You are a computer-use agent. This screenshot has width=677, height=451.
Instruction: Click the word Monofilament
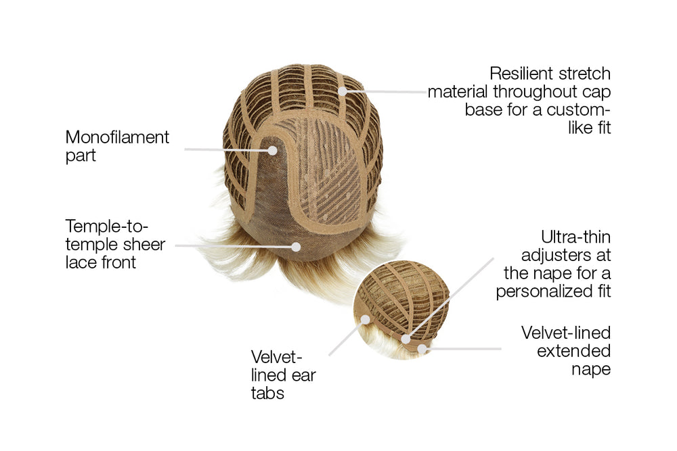click(x=117, y=137)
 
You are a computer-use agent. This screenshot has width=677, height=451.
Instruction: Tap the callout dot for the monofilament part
click(x=272, y=151)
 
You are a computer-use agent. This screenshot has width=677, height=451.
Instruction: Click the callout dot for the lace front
click(x=296, y=247)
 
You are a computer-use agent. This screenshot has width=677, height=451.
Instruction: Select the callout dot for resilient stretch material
click(x=343, y=91)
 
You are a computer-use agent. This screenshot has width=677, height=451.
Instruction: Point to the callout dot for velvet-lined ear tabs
click(x=366, y=320)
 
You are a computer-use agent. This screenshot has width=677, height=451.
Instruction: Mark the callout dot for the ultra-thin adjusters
click(x=406, y=339)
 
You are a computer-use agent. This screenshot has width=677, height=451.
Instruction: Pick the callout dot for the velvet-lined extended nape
click(x=422, y=348)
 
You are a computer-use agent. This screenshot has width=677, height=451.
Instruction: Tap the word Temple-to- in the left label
click(x=107, y=227)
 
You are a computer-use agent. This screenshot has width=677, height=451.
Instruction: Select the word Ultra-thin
click(x=575, y=237)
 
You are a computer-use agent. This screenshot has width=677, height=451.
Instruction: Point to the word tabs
click(x=267, y=394)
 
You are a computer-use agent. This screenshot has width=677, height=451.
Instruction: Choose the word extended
click(x=574, y=351)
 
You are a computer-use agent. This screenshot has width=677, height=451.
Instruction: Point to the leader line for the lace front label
click(x=233, y=245)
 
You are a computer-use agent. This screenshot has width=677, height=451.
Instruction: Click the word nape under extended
click(x=591, y=370)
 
